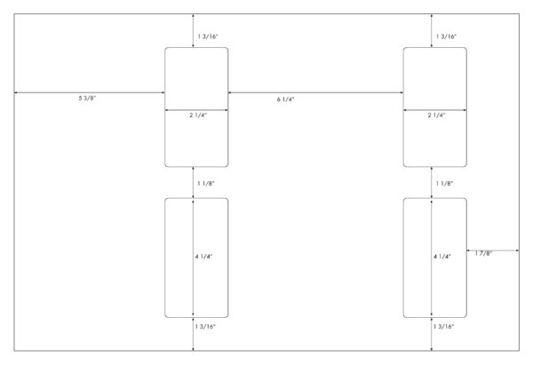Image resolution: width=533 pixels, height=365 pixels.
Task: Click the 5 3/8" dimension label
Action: pos(87,99)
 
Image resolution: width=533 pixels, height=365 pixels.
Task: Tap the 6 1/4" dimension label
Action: pos(285,99)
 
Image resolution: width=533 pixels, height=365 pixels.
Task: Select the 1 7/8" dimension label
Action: pos(483,253)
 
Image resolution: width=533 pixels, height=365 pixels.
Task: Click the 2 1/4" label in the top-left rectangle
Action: pos(198,115)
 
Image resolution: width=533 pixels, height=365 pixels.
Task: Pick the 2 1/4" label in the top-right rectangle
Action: pos(436,115)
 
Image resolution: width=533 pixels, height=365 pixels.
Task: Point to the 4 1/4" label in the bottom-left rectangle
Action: pos(204,257)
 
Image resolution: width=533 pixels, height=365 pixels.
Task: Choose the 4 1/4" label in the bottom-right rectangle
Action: pos(442,257)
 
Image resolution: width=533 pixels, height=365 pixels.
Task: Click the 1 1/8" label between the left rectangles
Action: pos(206,184)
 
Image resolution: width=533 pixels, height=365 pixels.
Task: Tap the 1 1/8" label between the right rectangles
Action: pos(445,184)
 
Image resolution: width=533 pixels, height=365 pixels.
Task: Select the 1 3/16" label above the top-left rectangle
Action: pos(208,36)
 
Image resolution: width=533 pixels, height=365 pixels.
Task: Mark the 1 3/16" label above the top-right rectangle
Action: pos(446,36)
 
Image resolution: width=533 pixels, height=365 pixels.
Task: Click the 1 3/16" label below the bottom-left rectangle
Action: pos(205,327)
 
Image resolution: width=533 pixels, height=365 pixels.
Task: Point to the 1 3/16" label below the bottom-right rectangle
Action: pos(443,327)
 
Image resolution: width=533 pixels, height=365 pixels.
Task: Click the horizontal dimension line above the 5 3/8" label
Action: pos(90,92)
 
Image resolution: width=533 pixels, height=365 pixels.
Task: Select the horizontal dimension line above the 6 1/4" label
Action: pos(315,92)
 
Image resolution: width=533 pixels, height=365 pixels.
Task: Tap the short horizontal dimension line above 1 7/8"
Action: pos(493,250)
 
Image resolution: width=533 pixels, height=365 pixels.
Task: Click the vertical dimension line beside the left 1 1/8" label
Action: pos(193,183)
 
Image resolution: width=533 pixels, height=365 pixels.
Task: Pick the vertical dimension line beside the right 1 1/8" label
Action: pos(432,183)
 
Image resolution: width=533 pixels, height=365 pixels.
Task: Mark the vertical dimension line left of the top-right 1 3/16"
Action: pos(432,31)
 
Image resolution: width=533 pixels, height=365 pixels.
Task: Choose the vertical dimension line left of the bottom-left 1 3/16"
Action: pos(193,334)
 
